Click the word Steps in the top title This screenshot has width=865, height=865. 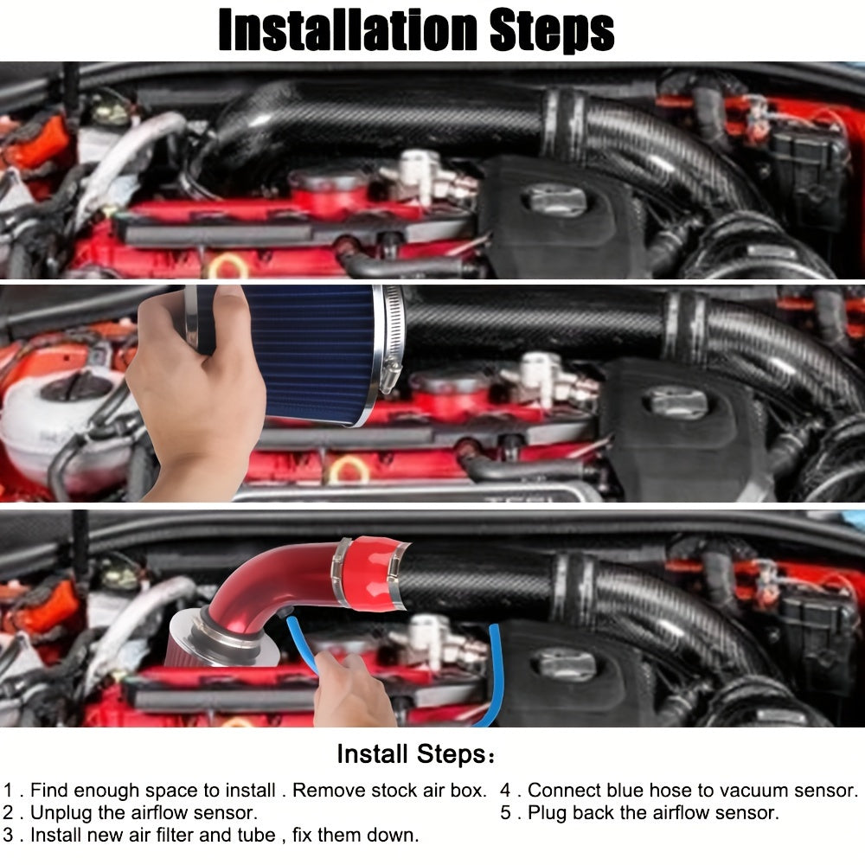point(552,30)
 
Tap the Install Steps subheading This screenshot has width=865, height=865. point(414,754)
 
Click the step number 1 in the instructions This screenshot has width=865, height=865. point(9,791)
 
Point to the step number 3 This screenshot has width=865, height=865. point(9,836)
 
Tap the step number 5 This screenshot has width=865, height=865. point(505,813)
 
